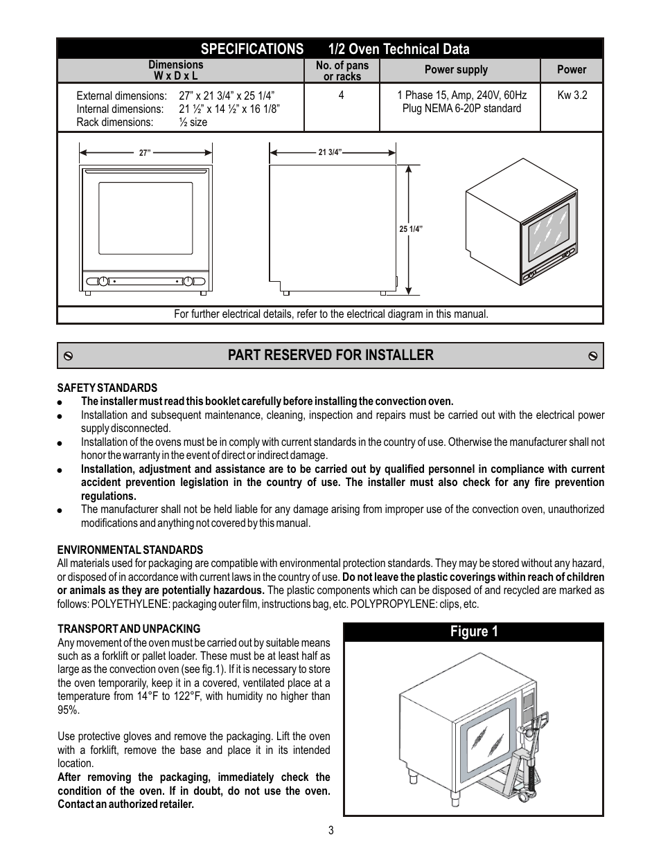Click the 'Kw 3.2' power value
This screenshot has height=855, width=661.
(x=572, y=95)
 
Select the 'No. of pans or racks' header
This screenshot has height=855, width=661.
(x=342, y=71)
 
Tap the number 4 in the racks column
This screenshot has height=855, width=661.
(x=341, y=95)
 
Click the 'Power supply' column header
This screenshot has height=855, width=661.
(x=456, y=70)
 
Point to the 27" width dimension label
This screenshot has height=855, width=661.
(x=145, y=153)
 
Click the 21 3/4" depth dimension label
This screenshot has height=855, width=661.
(x=330, y=152)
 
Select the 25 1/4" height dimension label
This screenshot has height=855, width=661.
(x=411, y=229)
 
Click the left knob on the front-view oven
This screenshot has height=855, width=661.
(x=103, y=281)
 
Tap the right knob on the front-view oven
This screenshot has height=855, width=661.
(x=188, y=281)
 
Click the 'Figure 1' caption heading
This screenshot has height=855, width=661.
(x=474, y=631)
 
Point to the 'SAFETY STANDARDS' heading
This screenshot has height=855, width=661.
(x=107, y=388)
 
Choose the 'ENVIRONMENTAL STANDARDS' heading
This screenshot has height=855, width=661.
(x=130, y=550)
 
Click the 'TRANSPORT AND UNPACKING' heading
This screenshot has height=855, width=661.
(x=129, y=629)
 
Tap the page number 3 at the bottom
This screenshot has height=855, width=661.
(x=331, y=830)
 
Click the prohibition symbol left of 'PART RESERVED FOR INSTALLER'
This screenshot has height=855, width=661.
(x=69, y=356)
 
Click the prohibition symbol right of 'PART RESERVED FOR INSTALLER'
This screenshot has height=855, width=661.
(x=592, y=356)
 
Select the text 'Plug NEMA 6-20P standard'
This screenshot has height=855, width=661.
(x=461, y=109)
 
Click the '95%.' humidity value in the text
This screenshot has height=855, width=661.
(x=69, y=710)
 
